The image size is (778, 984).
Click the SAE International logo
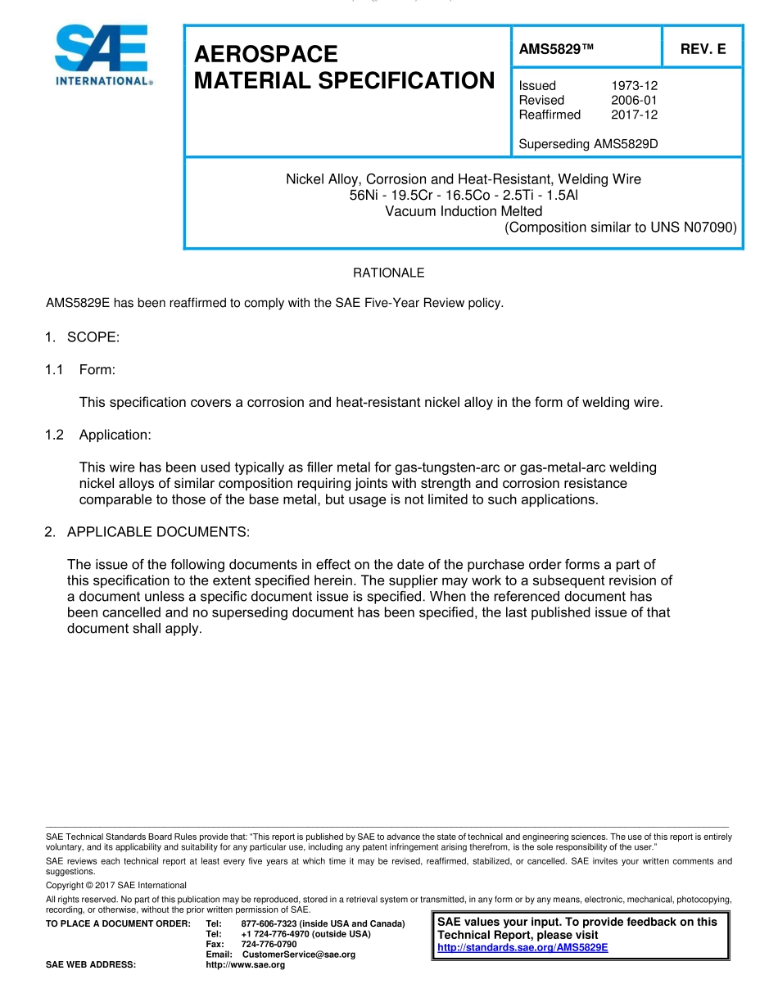[x=102, y=56]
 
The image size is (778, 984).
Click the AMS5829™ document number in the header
[x=556, y=49]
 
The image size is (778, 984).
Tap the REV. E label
[x=703, y=49]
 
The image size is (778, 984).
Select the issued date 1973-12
[x=634, y=85]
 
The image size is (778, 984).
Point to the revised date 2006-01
[x=634, y=100]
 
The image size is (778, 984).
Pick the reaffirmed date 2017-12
[x=634, y=115]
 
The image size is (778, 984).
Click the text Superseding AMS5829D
[x=589, y=144]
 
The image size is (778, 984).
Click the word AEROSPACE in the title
[x=266, y=54]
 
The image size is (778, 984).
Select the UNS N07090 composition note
[x=621, y=228]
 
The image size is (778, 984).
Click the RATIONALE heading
[x=388, y=273]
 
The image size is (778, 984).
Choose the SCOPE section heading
[x=93, y=337]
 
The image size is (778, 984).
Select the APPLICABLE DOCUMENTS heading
[x=157, y=532]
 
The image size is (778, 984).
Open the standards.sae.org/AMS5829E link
[x=522, y=948]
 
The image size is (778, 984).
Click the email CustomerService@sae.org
[x=299, y=955]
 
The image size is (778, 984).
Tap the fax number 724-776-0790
[x=269, y=944]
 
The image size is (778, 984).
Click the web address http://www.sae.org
[x=246, y=965]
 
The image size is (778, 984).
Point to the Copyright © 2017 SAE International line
[x=116, y=885]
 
